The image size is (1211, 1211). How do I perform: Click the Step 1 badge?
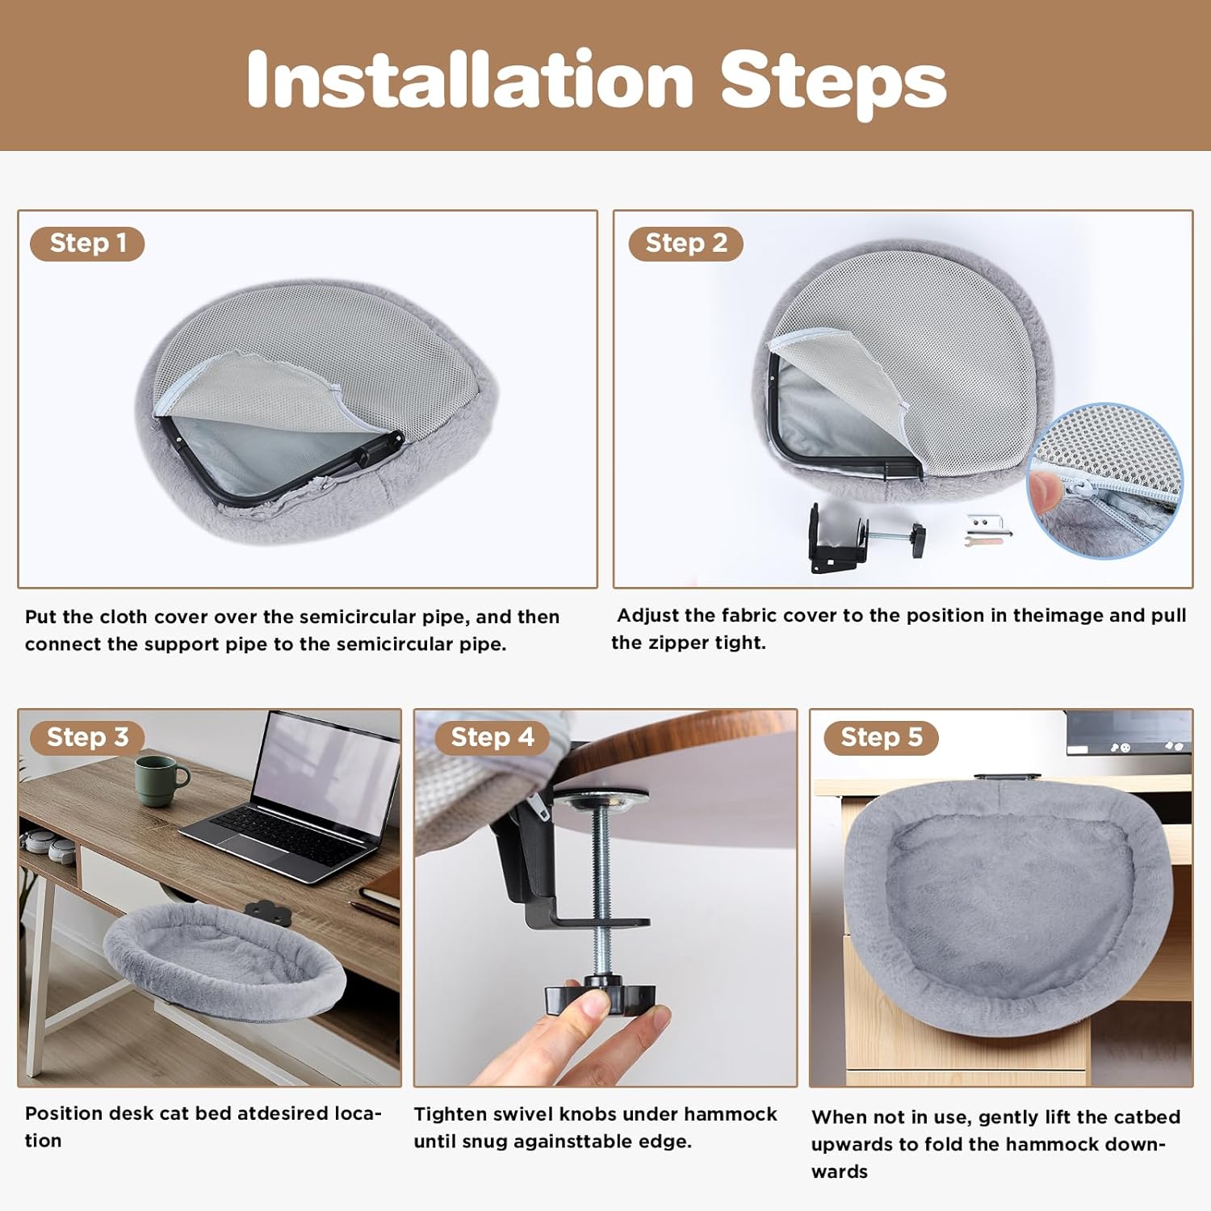(x=87, y=243)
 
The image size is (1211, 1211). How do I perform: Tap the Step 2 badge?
(x=685, y=243)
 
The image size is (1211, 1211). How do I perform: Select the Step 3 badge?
(x=87, y=737)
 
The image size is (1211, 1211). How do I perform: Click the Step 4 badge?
(x=492, y=737)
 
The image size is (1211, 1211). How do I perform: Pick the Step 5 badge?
(x=881, y=737)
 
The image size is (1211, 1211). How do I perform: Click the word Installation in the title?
(x=470, y=79)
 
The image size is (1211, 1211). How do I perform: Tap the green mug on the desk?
(x=158, y=780)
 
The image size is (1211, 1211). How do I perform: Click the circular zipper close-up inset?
(x=1104, y=480)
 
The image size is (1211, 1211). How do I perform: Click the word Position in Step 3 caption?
(x=63, y=1113)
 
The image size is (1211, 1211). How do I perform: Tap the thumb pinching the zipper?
(x=1048, y=488)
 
